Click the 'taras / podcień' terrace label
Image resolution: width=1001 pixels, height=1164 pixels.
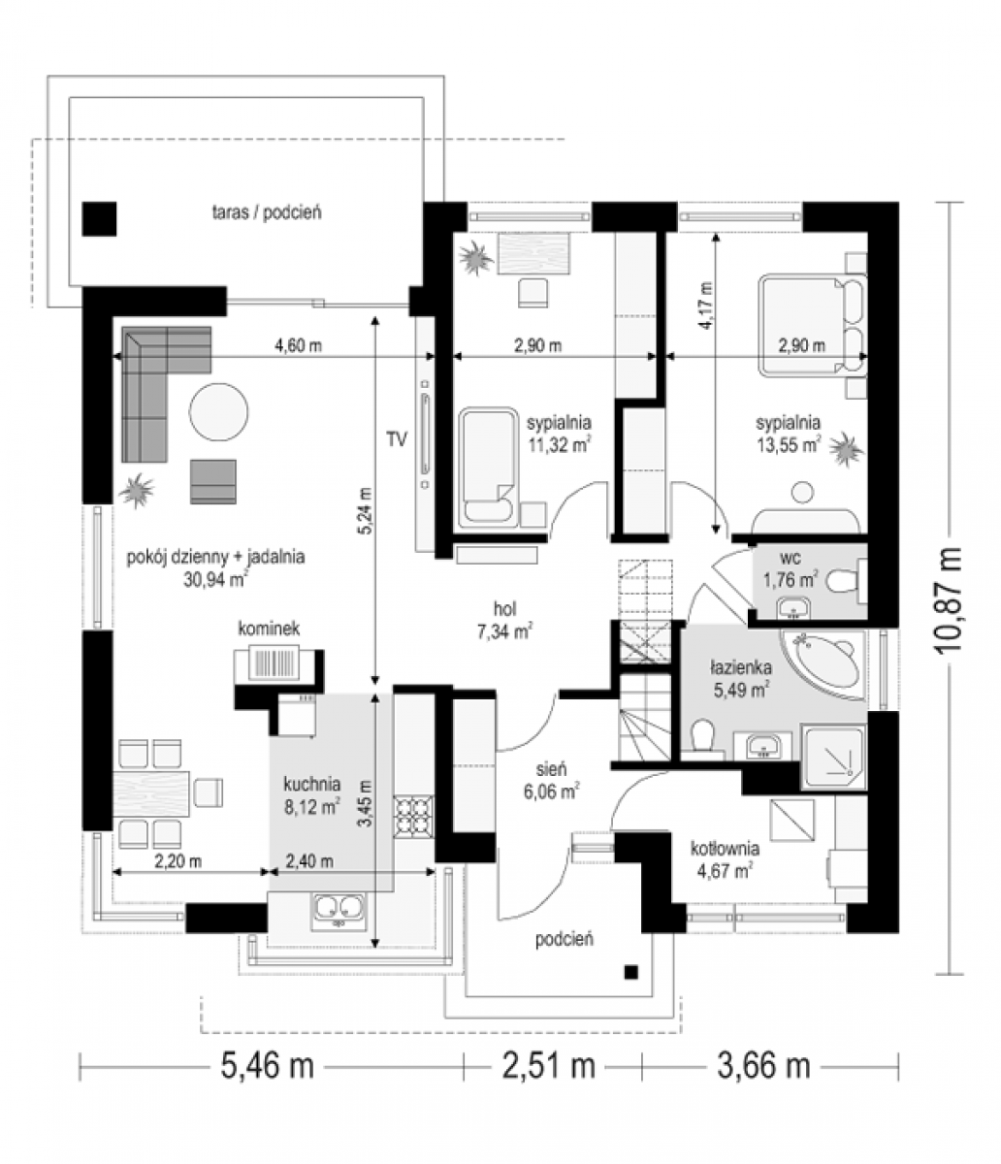point(267,212)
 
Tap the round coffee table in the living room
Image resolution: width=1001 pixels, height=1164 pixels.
point(218,411)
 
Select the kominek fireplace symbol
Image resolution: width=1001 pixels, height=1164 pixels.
point(275,664)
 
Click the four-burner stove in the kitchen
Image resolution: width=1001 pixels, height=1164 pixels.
point(413,817)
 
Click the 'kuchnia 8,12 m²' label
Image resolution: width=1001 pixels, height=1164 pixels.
point(312,794)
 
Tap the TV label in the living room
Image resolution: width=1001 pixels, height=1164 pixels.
point(397,439)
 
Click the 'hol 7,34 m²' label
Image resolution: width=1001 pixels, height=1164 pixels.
point(505,620)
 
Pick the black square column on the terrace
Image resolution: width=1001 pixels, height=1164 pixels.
point(99,218)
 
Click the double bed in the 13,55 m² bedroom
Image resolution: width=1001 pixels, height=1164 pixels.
point(813,325)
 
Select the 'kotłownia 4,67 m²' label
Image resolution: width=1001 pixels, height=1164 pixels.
point(726,860)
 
